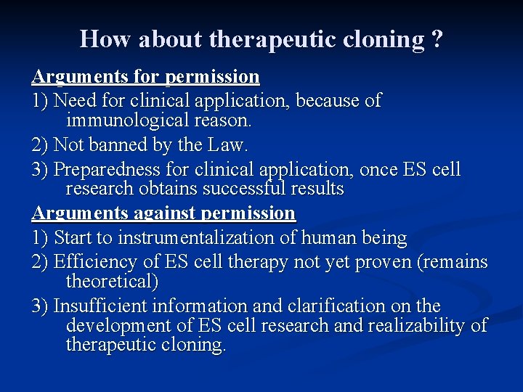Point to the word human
point(323,237)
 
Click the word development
point(118,325)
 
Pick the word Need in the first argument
point(73,100)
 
